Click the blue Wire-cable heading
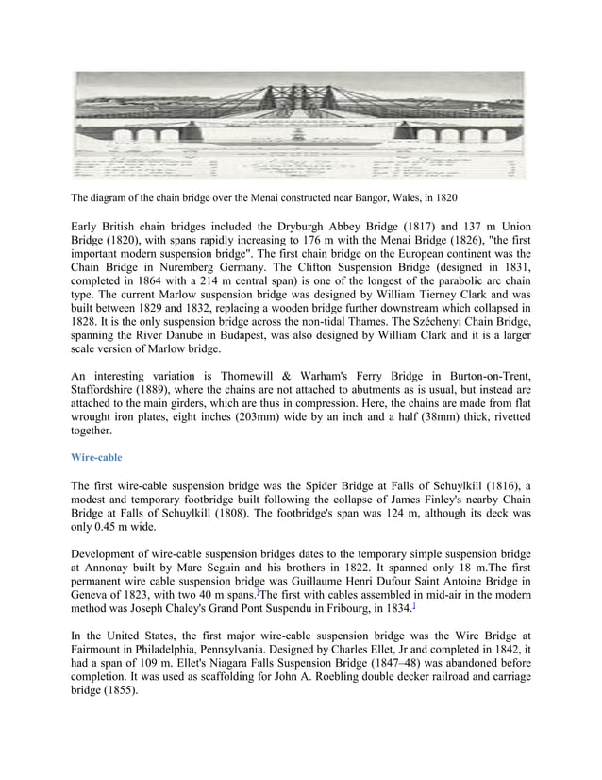96,457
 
